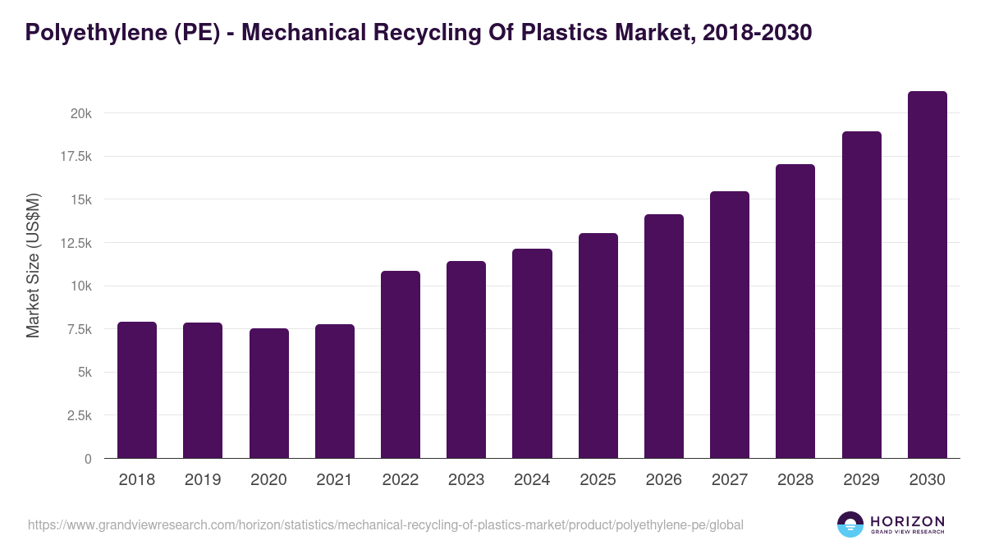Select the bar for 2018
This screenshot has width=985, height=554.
[137, 390]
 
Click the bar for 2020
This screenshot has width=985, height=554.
[268, 393]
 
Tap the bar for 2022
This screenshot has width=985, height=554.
[401, 364]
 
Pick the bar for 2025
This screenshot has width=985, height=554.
[598, 346]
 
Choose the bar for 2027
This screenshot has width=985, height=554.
[730, 324]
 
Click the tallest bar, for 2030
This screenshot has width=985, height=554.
[928, 274]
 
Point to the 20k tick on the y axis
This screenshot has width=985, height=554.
[80, 113]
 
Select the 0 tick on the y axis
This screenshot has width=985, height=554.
[88, 459]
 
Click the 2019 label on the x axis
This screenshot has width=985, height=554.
[203, 480]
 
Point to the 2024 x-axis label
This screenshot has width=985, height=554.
[532, 480]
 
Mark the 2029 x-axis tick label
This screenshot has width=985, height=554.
[861, 480]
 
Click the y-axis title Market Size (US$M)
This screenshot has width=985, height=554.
[33, 266]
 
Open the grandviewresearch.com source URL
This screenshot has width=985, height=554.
[386, 524]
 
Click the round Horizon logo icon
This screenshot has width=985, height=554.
[850, 524]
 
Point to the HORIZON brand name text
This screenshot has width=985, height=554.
[907, 521]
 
